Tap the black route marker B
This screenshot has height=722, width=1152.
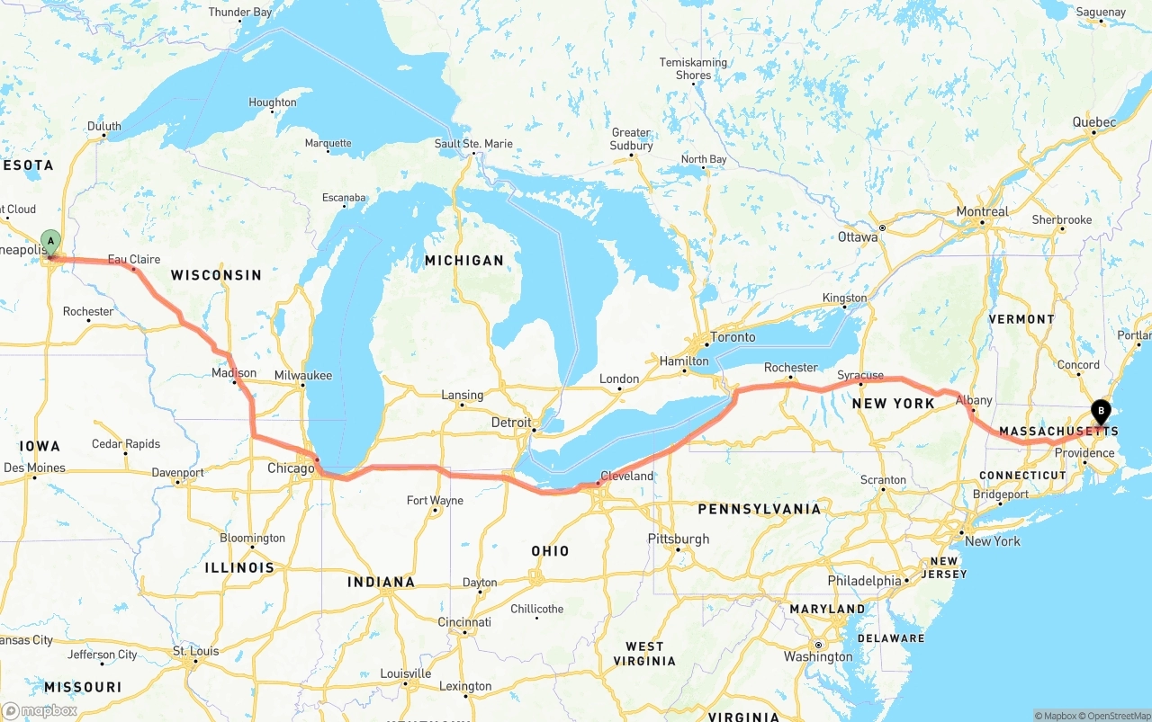(x=1100, y=411)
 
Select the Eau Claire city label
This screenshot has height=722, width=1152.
(x=134, y=259)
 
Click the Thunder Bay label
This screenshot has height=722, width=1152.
(x=239, y=13)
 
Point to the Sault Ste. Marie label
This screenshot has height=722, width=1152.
(x=473, y=144)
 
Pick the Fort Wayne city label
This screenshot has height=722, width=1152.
(x=435, y=500)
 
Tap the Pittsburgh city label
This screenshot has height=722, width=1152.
(x=678, y=539)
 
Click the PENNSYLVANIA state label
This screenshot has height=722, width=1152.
(x=759, y=509)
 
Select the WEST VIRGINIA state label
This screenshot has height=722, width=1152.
(x=644, y=653)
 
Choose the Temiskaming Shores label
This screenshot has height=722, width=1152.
(x=693, y=68)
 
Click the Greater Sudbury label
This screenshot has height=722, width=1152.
(x=631, y=139)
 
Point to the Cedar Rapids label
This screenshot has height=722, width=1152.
(x=126, y=444)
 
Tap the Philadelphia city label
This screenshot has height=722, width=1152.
(x=864, y=581)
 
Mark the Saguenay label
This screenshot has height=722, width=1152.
(x=1101, y=13)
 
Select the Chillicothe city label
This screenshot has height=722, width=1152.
(x=536, y=609)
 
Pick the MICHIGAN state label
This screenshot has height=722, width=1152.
(x=464, y=261)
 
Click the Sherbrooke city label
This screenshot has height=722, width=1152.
(x=1062, y=219)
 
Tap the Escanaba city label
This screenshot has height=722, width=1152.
(x=344, y=198)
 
